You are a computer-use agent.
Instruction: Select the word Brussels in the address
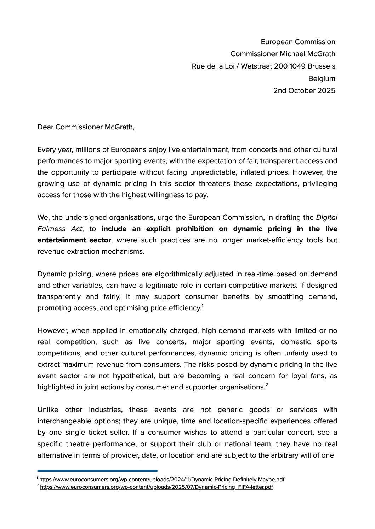point(321,66)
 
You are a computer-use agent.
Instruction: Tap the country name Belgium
point(322,78)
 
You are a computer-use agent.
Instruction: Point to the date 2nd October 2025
point(304,90)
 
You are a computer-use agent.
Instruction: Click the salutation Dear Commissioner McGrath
point(86,127)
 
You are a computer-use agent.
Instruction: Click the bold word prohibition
point(194,229)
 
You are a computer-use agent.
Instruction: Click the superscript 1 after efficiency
point(202,306)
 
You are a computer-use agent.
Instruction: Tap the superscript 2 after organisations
point(267,385)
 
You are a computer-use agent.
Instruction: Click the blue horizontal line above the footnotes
point(97,471)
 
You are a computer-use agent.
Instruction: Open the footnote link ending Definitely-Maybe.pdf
point(162,480)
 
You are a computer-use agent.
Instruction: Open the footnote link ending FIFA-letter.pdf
point(156,487)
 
